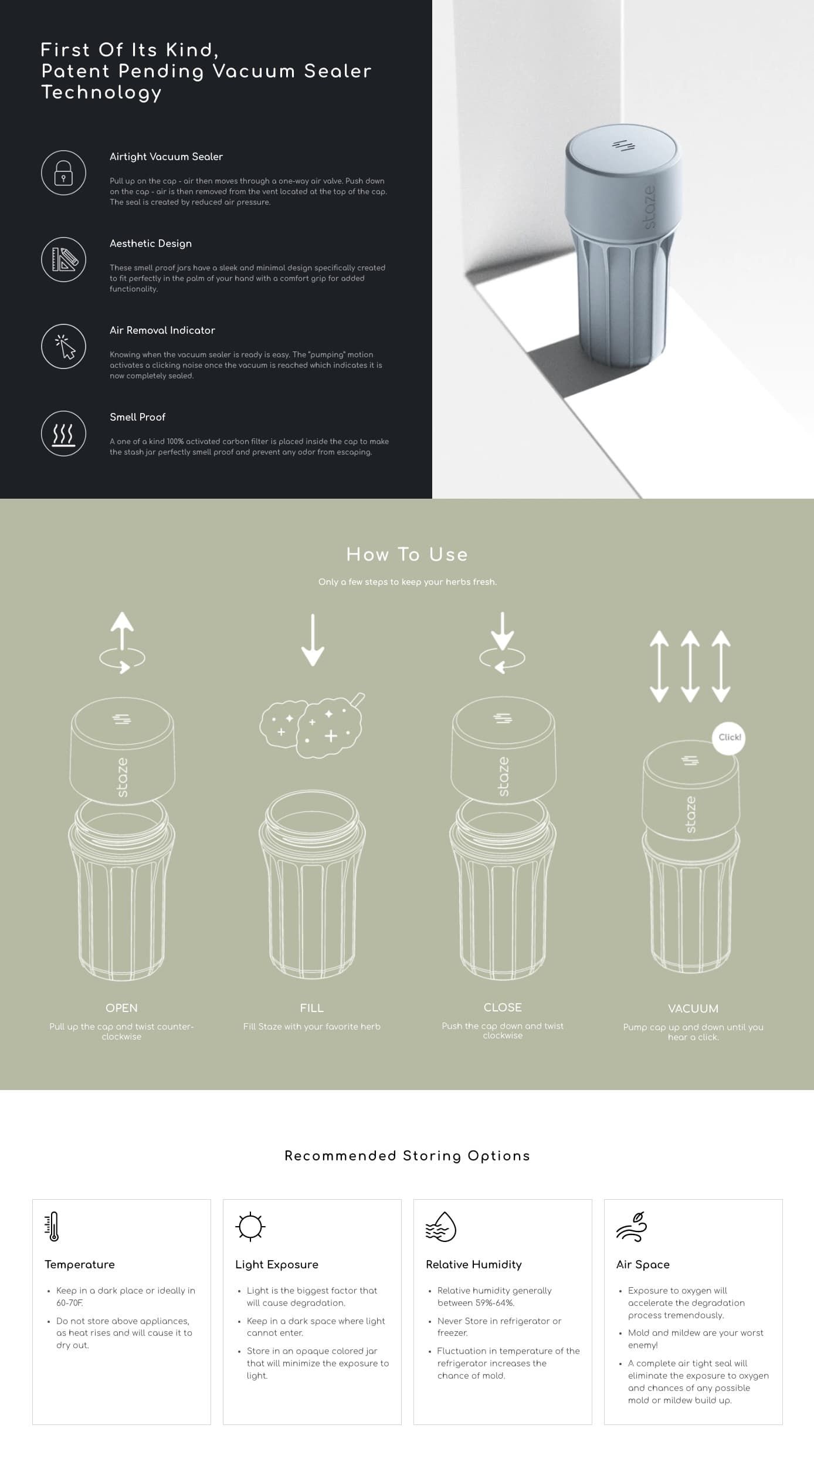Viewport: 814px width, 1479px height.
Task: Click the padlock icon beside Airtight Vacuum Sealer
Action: pos(63,173)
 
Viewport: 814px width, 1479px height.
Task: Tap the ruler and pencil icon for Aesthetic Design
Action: pos(63,259)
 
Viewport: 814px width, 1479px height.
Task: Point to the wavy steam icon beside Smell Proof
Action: pos(63,434)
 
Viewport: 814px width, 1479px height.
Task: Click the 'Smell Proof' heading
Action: pos(137,417)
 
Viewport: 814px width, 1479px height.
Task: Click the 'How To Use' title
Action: pos(407,554)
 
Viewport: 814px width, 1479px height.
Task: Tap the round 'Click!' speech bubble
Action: pos(729,737)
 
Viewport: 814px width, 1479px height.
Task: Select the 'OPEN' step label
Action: pos(121,1008)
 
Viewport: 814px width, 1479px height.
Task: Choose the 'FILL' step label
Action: pos(311,1008)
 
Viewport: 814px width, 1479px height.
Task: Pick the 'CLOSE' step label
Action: pos(503,1007)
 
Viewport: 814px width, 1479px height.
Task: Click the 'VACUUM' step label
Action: pos(693,1008)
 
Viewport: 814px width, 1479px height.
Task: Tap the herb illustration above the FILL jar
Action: pos(312,726)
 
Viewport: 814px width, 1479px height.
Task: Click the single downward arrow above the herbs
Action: pos(313,640)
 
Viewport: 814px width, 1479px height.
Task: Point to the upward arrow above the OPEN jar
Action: pos(122,631)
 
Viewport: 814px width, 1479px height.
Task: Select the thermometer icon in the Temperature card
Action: pos(52,1227)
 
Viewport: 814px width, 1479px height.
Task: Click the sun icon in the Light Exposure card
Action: pos(250,1227)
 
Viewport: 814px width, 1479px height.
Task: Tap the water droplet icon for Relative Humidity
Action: pos(441,1227)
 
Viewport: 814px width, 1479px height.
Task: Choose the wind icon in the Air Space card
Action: pos(632,1227)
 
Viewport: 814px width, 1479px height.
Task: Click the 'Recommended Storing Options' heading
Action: pos(407,1156)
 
